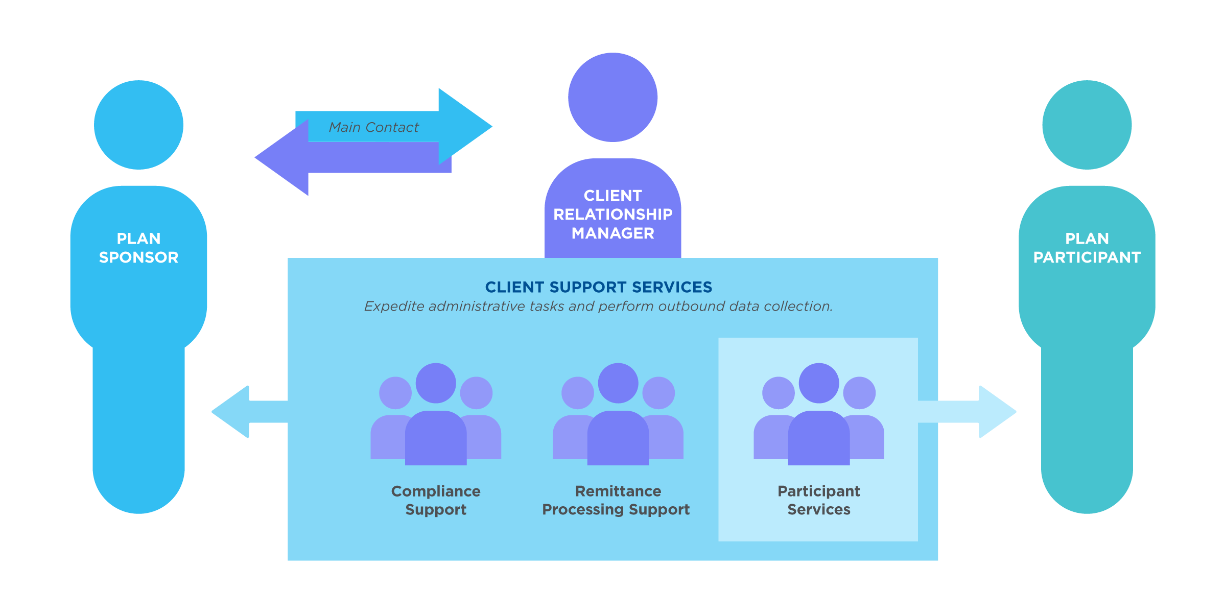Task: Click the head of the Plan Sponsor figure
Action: (x=138, y=125)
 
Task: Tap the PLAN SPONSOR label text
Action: (x=138, y=248)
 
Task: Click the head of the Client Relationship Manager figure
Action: (x=612, y=97)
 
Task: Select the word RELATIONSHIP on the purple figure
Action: (x=612, y=215)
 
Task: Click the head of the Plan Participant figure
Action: (x=1087, y=125)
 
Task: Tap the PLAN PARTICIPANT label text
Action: (x=1087, y=248)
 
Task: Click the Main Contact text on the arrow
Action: (x=373, y=127)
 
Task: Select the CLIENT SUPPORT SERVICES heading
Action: (x=598, y=287)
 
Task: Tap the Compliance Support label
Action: (x=436, y=500)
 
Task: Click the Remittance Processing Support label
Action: (x=617, y=500)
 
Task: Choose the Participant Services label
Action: (x=818, y=500)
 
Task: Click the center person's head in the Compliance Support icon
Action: (x=436, y=383)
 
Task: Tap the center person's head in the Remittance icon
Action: (x=618, y=383)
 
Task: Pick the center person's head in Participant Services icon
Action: (x=819, y=383)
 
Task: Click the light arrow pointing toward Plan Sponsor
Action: (x=240, y=412)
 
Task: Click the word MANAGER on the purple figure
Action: (x=612, y=233)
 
